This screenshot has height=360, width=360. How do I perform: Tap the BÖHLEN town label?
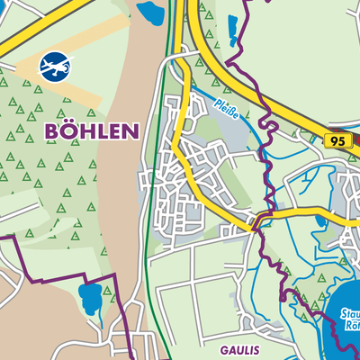91,131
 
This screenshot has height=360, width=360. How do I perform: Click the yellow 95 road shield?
337,141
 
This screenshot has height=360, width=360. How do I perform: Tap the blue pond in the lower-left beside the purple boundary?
92,297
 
